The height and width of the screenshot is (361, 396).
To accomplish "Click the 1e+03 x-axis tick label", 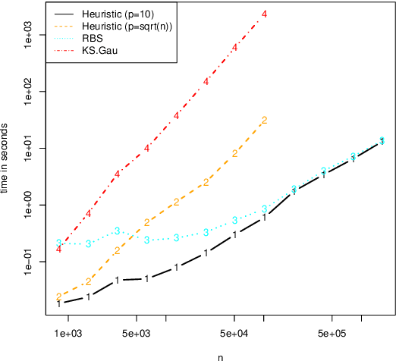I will click(68, 333).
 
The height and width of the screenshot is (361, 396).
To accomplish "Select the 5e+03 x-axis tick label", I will click(137, 333).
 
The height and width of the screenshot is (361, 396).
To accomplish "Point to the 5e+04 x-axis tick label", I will click(234, 333).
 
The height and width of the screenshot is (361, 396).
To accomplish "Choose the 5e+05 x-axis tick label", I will click(332, 333).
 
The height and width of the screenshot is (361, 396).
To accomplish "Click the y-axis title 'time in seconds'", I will click(6, 159).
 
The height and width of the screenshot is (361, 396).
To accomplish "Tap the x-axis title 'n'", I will click(221, 355).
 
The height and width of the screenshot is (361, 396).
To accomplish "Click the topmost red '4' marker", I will click(264, 14).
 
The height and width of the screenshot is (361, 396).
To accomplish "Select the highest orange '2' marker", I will click(264, 121).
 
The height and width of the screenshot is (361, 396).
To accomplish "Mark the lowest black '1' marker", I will click(58, 303).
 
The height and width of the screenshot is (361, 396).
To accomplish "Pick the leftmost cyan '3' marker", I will click(58, 243).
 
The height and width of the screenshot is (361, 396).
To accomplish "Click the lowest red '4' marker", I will click(58, 250).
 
